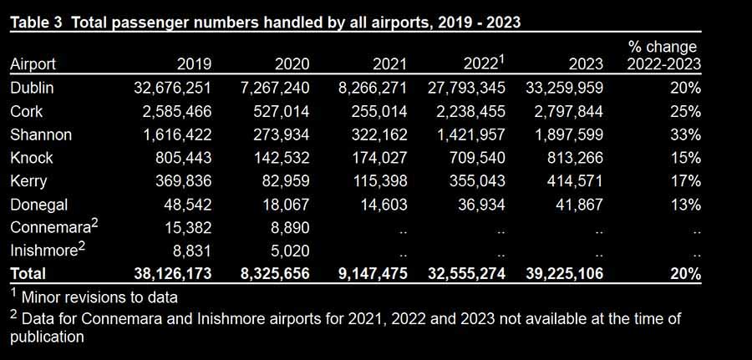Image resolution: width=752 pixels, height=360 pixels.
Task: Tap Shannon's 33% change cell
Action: pos(683,134)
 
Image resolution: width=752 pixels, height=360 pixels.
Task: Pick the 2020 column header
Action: pos(292,64)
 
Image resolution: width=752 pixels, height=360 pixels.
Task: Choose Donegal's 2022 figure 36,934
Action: pos(479,204)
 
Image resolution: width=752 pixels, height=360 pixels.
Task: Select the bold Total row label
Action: pos(28,273)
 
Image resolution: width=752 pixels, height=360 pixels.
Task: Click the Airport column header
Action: pos(33,64)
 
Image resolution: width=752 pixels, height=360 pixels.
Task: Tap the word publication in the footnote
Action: pos(47,337)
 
